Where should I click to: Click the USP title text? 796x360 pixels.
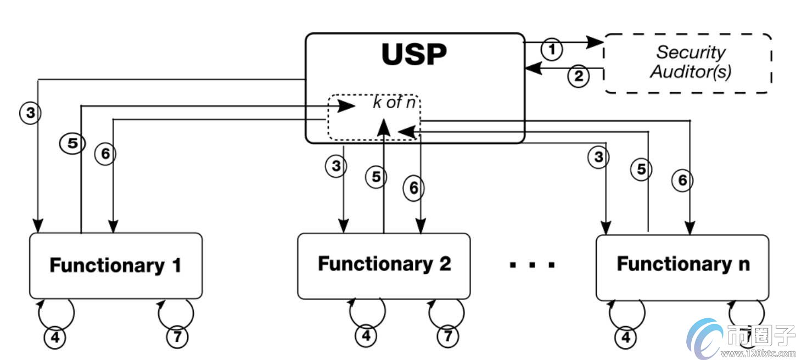click(x=414, y=54)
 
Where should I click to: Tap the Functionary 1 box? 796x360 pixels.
click(x=115, y=266)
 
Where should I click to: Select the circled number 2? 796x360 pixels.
click(x=578, y=76)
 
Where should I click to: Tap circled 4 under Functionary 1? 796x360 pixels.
click(x=54, y=337)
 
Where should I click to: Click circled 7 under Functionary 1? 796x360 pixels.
click(x=177, y=337)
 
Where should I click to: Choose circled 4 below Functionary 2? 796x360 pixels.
click(x=366, y=335)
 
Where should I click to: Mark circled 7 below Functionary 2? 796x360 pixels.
click(x=447, y=335)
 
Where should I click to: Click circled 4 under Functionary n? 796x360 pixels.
click(x=625, y=337)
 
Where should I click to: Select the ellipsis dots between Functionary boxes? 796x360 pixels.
click(x=532, y=266)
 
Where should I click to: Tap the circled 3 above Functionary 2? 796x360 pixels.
click(x=335, y=165)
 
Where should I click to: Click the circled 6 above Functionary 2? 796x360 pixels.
click(x=414, y=188)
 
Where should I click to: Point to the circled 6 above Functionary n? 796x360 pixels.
click(x=682, y=180)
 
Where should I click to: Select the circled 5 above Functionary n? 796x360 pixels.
click(x=641, y=170)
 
